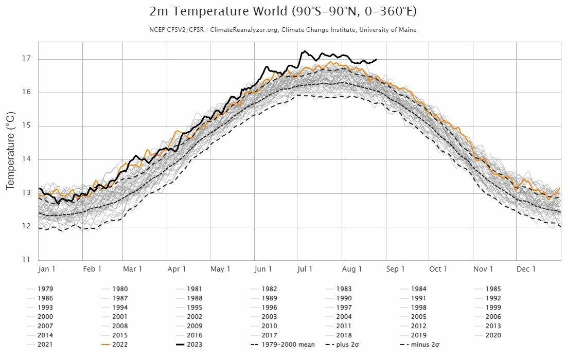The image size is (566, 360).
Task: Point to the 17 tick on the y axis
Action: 25,59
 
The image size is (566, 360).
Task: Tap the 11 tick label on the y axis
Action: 25,260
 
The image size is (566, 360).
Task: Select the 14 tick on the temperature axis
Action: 25,159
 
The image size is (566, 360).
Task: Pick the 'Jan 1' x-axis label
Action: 47,269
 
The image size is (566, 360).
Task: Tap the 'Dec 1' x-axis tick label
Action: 526,269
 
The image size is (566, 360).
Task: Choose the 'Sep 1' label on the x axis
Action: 396,269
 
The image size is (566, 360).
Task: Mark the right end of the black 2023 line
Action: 377,59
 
